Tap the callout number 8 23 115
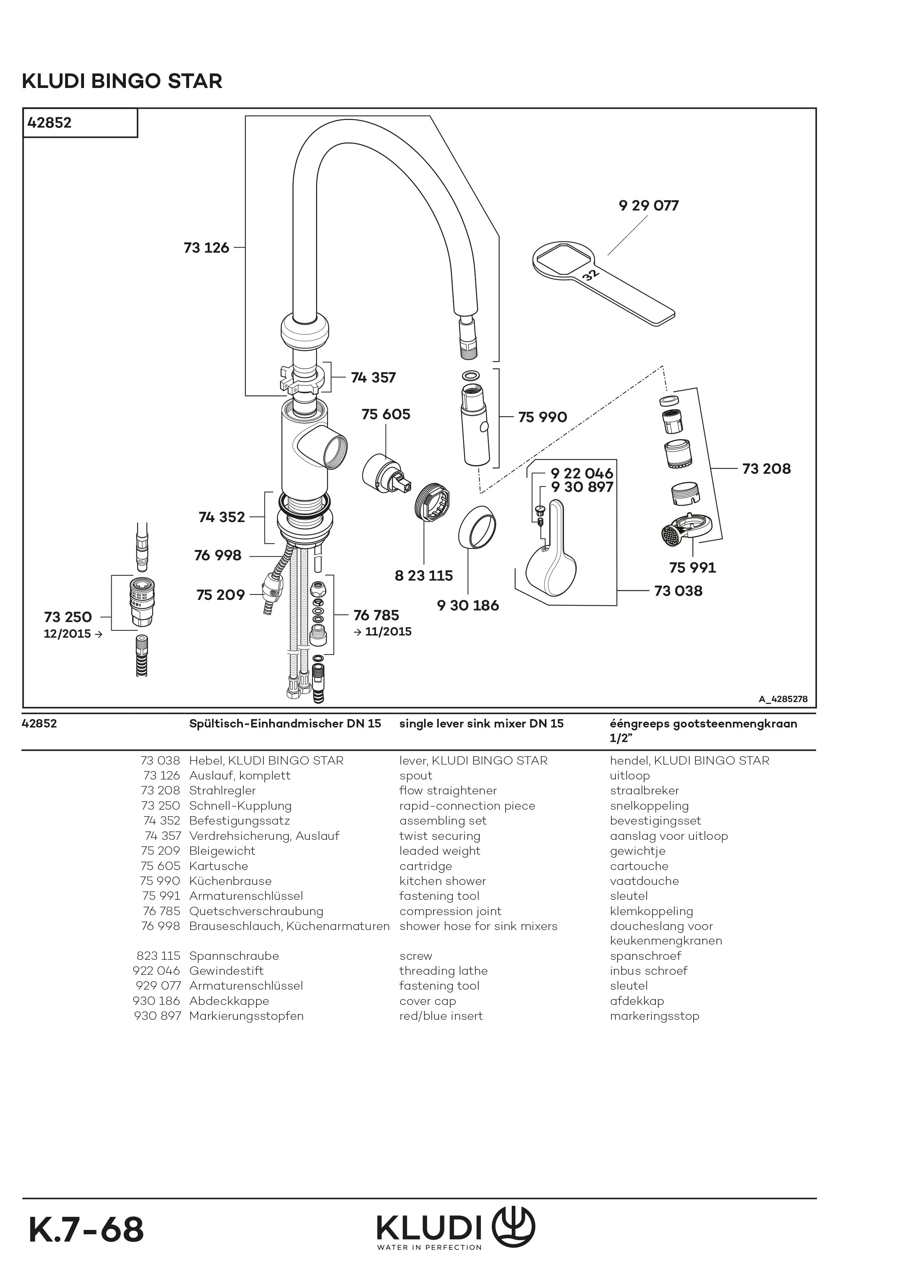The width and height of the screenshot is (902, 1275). click(423, 576)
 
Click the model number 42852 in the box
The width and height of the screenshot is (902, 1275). click(49, 123)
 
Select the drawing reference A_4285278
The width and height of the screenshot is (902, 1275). click(783, 699)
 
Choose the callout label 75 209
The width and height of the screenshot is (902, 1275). click(220, 595)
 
